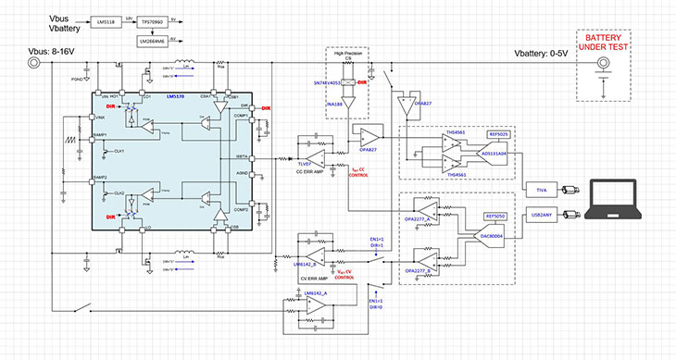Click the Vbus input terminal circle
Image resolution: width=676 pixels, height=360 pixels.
coord(34,63)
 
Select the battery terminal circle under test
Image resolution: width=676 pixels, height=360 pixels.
coord(603,65)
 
